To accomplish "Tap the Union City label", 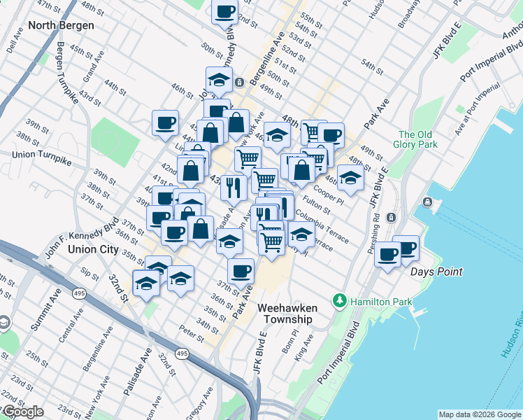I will click(x=93, y=248).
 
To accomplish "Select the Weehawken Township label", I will click(x=285, y=314).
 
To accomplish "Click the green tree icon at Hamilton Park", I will click(x=341, y=300).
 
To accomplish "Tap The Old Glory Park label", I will click(x=417, y=139).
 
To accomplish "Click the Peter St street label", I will click(x=192, y=330).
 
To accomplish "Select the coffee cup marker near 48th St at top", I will click(x=225, y=13).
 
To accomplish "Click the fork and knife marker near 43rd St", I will click(x=234, y=187).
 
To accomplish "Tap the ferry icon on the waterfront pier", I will click(x=427, y=203).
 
